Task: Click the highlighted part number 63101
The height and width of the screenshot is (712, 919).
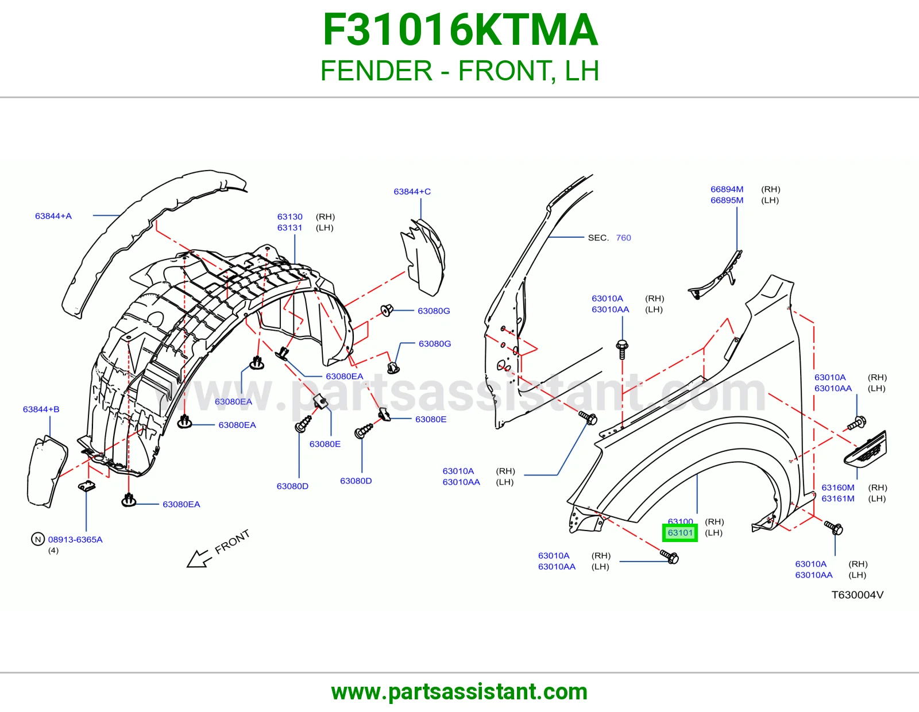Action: pos(680,533)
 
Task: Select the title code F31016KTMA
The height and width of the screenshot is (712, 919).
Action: pos(460,30)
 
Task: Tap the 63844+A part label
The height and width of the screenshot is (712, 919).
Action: pos(53,216)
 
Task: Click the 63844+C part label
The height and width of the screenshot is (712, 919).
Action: pos(412,192)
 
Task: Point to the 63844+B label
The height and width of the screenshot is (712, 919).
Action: pos(41,409)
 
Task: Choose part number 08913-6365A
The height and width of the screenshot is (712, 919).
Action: pos(75,540)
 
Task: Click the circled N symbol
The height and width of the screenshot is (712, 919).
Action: pos(38,540)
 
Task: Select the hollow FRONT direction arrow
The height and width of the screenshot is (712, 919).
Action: pos(198,559)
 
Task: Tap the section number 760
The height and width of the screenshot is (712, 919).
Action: pos(623,238)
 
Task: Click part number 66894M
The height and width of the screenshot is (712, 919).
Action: pos(727,189)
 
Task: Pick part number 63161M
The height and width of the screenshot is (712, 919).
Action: pos(838,498)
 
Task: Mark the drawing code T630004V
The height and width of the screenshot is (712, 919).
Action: pos(857,595)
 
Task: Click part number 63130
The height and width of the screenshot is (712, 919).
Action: pos(289,217)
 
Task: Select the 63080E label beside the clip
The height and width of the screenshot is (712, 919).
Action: pos(431,419)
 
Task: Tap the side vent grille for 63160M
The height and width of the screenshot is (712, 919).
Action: pos(866,450)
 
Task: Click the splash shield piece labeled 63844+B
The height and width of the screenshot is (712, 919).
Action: pos(47,471)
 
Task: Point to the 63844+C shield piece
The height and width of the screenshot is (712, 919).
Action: pos(423,257)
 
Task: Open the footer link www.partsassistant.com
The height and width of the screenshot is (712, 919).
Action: pos(459,692)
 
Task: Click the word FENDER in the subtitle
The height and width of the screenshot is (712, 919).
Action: pos(376,71)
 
